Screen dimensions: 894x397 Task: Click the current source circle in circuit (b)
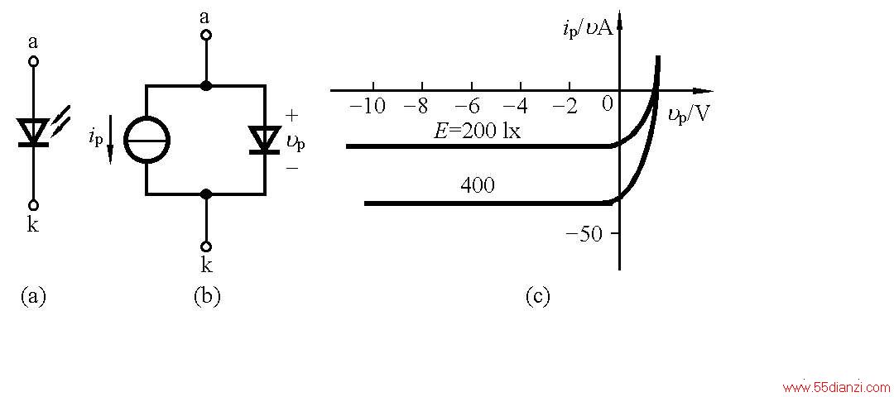coord(126,141)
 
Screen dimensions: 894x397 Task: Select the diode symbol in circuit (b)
coord(263,140)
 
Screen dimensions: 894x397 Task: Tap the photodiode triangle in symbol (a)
coord(33,130)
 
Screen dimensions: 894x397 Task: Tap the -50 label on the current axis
coord(584,233)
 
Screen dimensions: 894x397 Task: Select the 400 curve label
coord(478,187)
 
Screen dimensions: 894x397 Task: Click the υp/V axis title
coord(689,115)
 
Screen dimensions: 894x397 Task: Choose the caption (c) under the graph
coord(537,297)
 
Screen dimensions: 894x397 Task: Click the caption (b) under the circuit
coord(207,297)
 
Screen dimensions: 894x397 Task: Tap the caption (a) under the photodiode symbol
coord(33,297)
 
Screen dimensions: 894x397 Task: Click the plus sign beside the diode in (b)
coord(291,116)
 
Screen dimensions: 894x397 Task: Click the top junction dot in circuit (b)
coord(206,86)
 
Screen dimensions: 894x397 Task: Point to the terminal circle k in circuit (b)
coord(206,246)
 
